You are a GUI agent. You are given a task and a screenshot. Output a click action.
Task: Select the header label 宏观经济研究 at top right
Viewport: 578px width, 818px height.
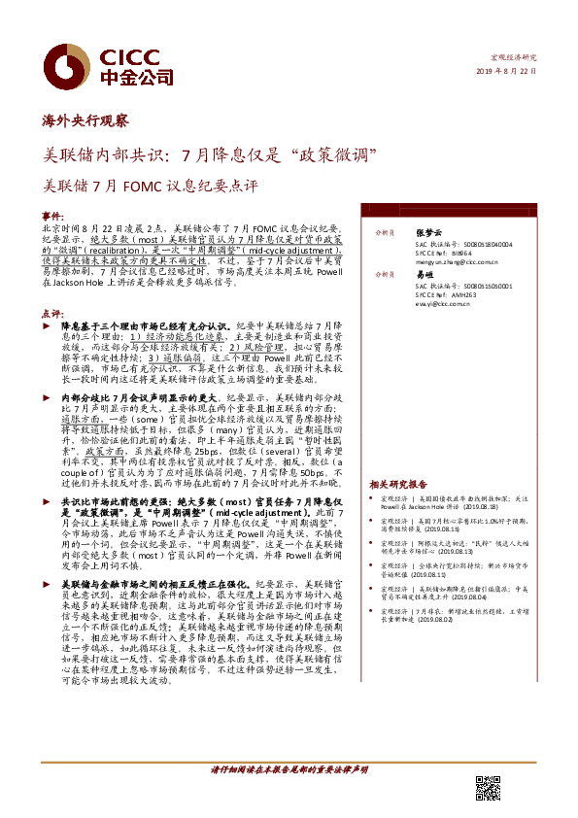click(516, 57)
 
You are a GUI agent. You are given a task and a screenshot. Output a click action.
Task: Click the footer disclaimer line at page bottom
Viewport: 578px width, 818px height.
click(289, 769)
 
